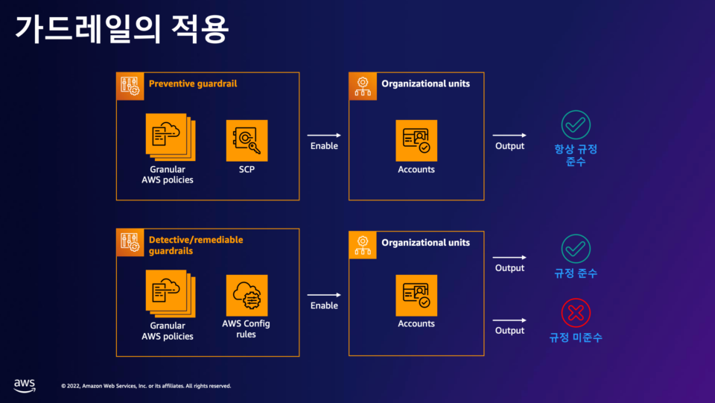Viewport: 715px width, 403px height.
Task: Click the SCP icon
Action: pyautogui.click(x=247, y=140)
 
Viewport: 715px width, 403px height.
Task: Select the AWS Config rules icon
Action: pyautogui.click(x=247, y=295)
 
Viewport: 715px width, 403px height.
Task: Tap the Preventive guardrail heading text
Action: pyautogui.click(x=193, y=84)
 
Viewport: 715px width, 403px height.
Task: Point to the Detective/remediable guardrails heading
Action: pyautogui.click(x=196, y=245)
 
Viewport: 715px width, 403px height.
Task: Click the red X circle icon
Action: pyautogui.click(x=576, y=313)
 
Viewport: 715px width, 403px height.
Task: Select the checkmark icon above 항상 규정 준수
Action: pyautogui.click(x=576, y=124)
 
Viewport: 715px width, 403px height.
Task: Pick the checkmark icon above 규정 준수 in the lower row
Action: pyautogui.click(x=576, y=249)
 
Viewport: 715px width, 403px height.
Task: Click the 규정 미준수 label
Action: pyautogui.click(x=576, y=337)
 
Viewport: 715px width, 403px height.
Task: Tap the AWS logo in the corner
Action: pyautogui.click(x=25, y=384)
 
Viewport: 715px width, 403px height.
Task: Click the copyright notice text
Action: pyautogui.click(x=146, y=386)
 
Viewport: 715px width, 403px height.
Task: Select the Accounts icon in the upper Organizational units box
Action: pyautogui.click(x=416, y=140)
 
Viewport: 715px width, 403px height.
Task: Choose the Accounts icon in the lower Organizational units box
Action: pyautogui.click(x=416, y=295)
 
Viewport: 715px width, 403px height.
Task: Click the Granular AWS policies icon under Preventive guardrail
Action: pyautogui.click(x=169, y=137)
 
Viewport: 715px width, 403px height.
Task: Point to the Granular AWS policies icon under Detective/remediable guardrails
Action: pyautogui.click(x=169, y=295)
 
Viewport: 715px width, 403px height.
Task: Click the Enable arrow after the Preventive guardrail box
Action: pyautogui.click(x=324, y=135)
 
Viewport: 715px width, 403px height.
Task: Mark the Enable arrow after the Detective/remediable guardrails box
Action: pyautogui.click(x=324, y=294)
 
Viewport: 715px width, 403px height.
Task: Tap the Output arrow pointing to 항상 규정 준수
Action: pyautogui.click(x=509, y=135)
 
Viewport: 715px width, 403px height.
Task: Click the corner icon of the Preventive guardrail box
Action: pyautogui.click(x=130, y=86)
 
